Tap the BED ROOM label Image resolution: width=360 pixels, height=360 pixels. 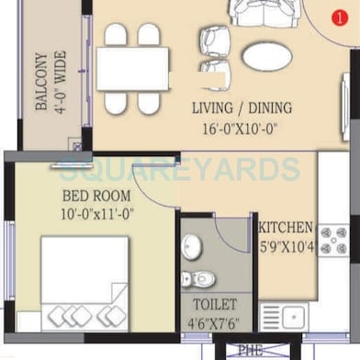click(x=96, y=196)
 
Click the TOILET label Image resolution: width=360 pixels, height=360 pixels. click(x=214, y=303)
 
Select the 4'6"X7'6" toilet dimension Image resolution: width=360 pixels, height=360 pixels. click(x=214, y=322)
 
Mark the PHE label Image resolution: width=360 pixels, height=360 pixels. click(x=251, y=350)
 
